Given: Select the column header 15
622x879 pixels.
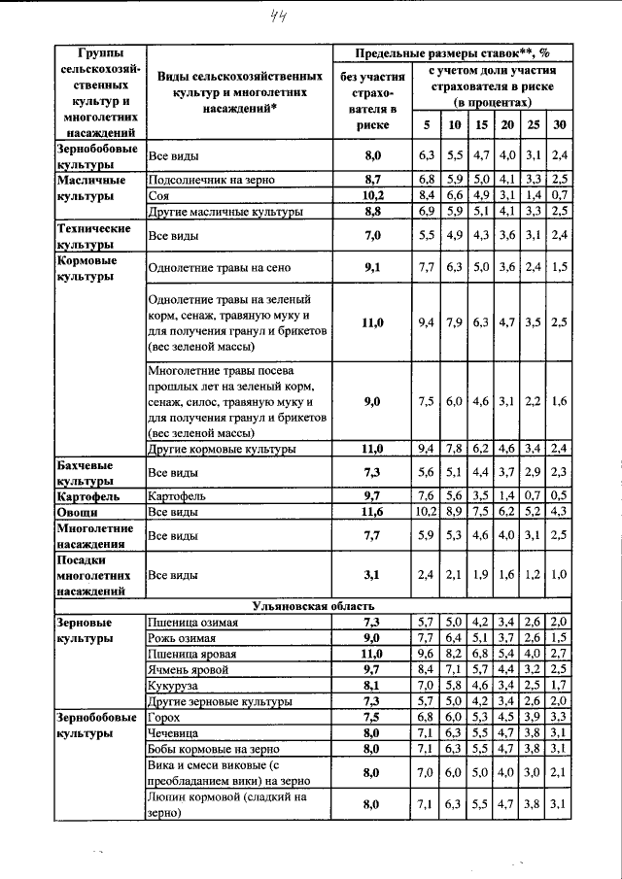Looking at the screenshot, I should click(x=480, y=125).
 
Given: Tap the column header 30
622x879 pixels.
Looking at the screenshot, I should click(x=558, y=125).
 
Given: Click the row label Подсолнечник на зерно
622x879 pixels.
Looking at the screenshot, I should click(x=211, y=180).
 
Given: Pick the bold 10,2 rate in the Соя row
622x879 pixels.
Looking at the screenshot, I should click(x=372, y=195).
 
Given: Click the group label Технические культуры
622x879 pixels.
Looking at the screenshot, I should click(x=95, y=236).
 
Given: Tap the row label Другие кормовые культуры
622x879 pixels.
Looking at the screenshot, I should click(x=221, y=448).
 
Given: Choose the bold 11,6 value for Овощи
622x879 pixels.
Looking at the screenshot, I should click(x=372, y=511).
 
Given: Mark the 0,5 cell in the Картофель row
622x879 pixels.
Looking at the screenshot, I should click(x=558, y=495).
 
